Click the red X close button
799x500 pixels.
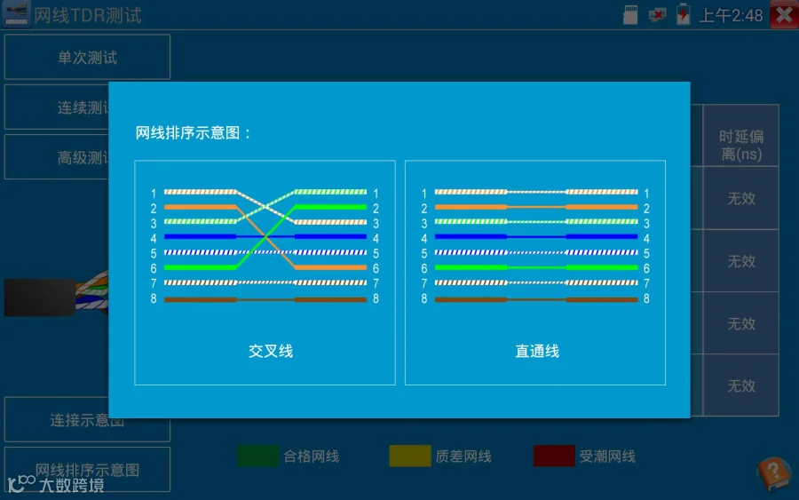tap(784, 14)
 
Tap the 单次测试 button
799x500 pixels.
tap(87, 57)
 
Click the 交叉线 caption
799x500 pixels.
tap(271, 351)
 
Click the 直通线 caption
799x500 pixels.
tap(537, 351)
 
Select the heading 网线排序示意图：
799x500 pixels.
tap(194, 133)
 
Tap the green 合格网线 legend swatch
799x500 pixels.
tap(257, 456)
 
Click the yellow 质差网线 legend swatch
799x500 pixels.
tap(410, 456)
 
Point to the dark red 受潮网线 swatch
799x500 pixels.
tap(554, 456)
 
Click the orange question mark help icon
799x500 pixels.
tap(772, 473)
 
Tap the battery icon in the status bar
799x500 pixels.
tap(684, 14)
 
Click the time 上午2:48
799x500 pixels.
tap(731, 15)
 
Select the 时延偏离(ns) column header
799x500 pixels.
tap(741, 145)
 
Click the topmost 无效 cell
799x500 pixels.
tap(741, 198)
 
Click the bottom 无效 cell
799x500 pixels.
tap(741, 385)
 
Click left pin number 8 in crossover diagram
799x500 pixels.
tap(153, 299)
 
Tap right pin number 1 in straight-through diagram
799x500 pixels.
tap(646, 193)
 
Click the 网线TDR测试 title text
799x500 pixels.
tap(88, 15)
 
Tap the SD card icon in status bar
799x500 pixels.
tap(632, 14)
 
